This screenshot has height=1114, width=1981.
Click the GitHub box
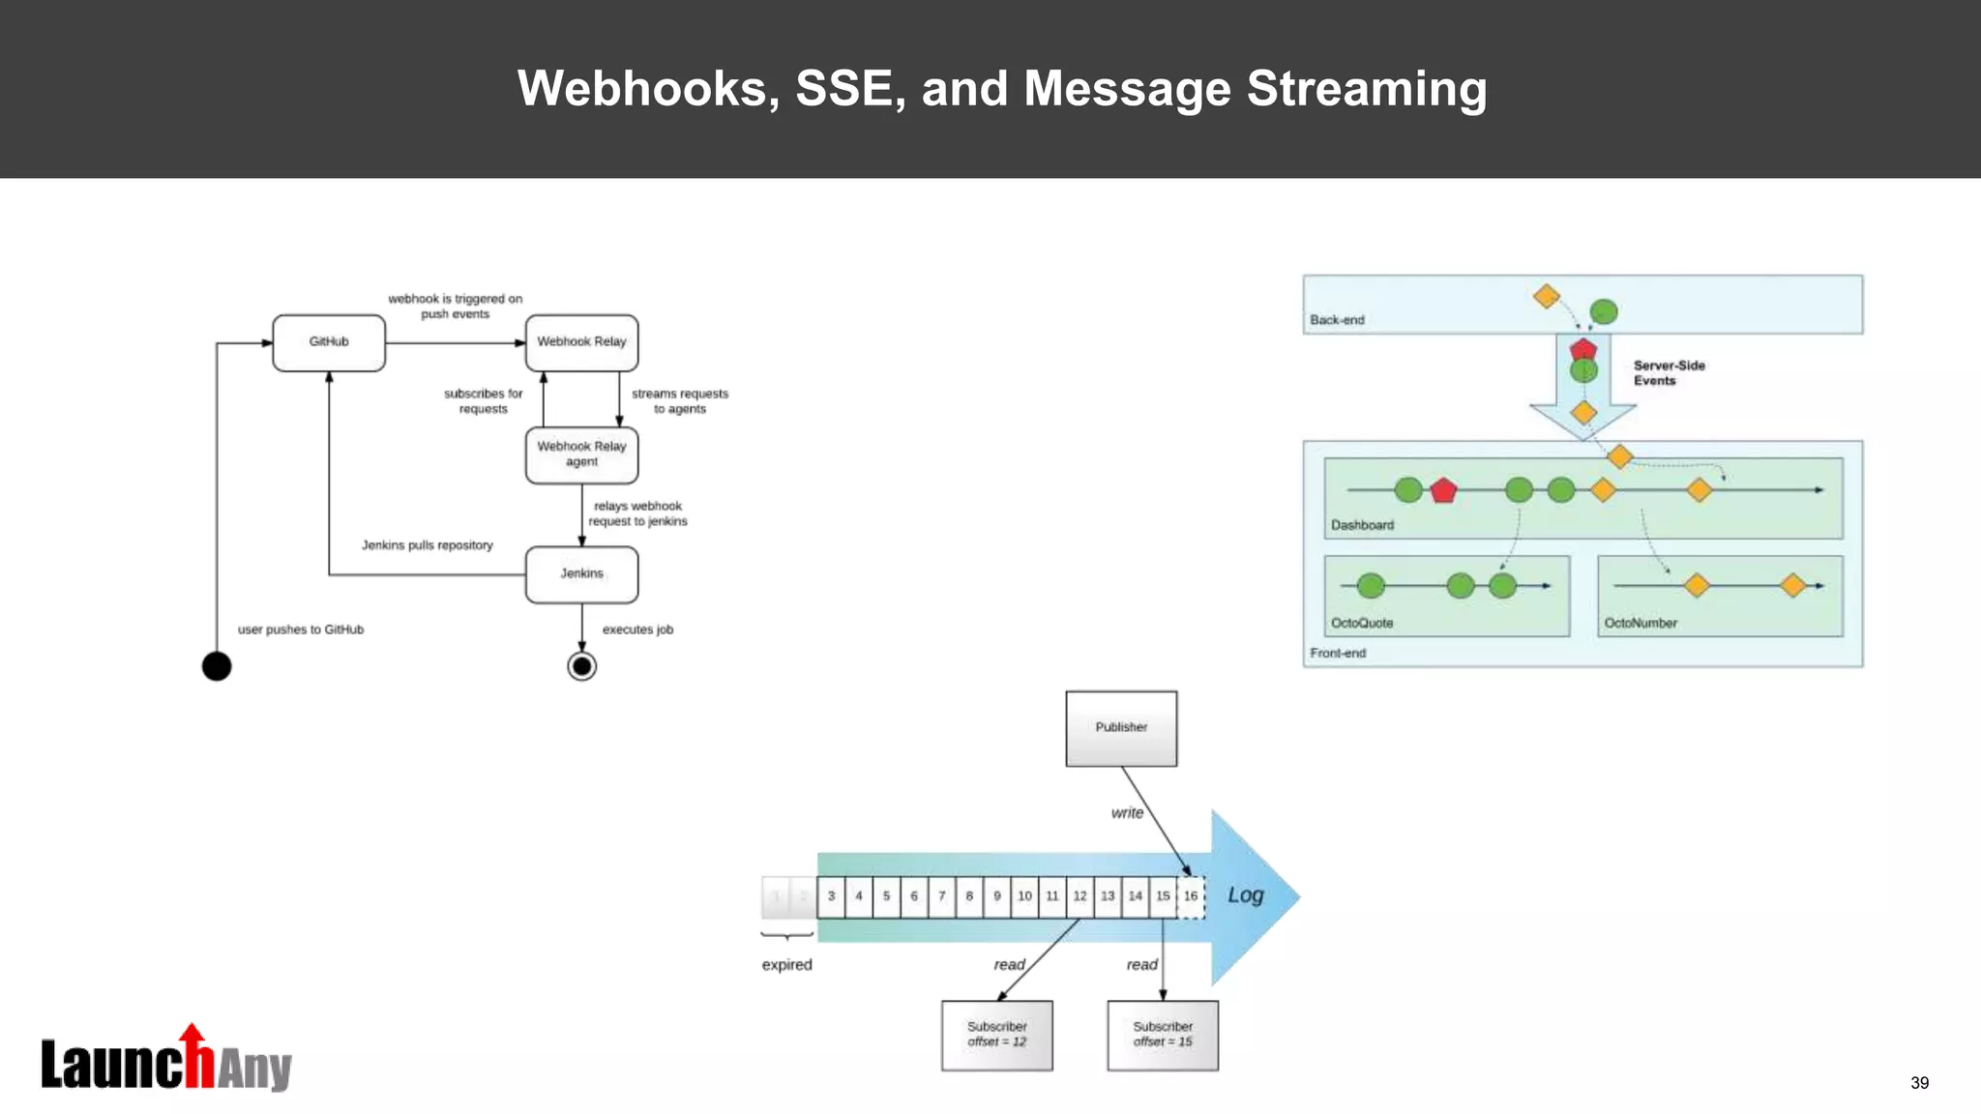coord(329,342)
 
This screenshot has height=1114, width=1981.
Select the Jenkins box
coord(581,574)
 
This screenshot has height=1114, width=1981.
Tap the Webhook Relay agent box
coord(581,454)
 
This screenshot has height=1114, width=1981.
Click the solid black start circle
coord(217,666)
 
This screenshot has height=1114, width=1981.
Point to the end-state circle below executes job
coord(581,666)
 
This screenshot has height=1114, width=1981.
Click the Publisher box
coord(1121,728)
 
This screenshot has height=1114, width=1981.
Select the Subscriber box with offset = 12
coord(996,1035)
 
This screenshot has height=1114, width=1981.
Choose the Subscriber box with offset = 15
coord(1162,1035)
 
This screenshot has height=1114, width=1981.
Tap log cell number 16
coord(1191,896)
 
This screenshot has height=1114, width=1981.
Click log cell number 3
coord(831,896)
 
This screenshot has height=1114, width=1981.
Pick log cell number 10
coord(1024,896)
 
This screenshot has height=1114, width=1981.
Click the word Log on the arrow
coord(1246,895)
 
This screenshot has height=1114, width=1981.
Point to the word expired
coord(786,965)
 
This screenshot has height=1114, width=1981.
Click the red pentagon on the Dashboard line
coord(1443,491)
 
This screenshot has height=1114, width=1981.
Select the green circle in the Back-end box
coord(1604,312)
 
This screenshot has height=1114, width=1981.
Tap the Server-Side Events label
coord(1669,373)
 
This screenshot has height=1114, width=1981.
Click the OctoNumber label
coord(1641,624)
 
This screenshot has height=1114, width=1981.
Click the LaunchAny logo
coord(166,1061)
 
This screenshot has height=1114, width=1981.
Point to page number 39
coord(1919,1083)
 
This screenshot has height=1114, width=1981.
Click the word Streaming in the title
coord(1366,89)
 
